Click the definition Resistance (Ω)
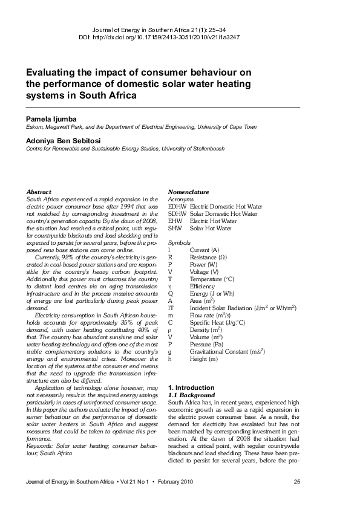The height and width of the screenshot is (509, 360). tap(209, 257)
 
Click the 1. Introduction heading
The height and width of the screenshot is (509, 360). tap(191, 387)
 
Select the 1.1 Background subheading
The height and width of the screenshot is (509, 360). tap(191, 395)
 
